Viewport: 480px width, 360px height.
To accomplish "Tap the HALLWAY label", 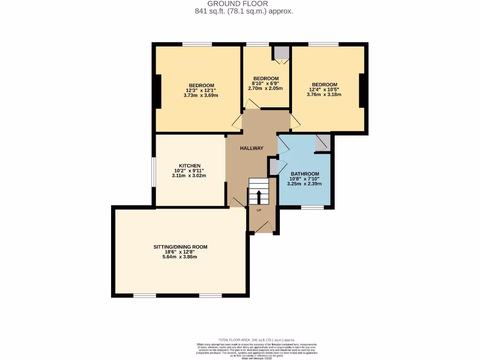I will (252, 148).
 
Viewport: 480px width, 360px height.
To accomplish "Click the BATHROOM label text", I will (305, 173).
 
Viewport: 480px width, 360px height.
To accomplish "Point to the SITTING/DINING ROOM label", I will (180, 247).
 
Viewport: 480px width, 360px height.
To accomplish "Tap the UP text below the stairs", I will (259, 210).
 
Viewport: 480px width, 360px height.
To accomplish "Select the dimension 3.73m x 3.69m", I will (201, 95).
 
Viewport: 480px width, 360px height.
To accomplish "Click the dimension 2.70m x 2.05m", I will (266, 88).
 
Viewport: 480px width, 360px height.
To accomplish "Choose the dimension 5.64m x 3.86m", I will (180, 257).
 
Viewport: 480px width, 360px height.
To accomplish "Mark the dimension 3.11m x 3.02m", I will (189, 176).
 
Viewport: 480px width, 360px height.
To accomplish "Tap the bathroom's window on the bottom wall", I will (312, 207).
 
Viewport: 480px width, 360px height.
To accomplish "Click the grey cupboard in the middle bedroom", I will (281, 53).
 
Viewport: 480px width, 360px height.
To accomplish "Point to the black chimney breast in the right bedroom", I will (362, 90).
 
